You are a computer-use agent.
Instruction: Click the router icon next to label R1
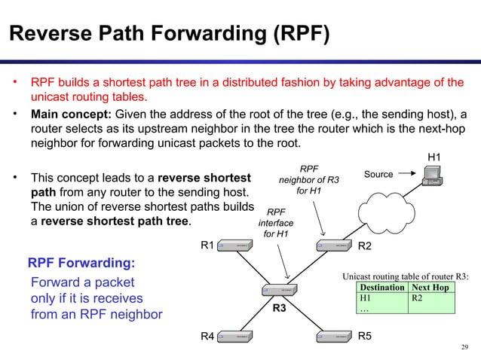tap(234, 246)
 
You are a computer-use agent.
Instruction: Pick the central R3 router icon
tap(278, 291)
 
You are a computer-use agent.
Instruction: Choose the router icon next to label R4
tap(234, 335)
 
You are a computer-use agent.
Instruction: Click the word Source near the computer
tap(378, 175)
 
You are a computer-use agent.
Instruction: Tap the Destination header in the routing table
tap(381, 288)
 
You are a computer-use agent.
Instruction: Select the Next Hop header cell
tap(430, 288)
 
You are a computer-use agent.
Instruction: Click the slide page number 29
tap(464, 347)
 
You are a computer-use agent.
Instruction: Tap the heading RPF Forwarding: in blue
tap(81, 264)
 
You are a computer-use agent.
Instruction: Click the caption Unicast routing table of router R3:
tap(406, 276)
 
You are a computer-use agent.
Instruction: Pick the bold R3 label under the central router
tap(280, 309)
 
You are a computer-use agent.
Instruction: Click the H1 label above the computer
tap(434, 157)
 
